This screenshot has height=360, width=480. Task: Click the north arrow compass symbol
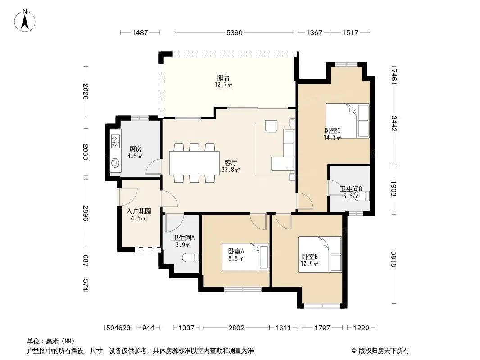point(25,21)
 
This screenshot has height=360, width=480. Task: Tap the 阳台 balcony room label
point(223,78)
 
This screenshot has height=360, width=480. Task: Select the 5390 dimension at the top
point(235,32)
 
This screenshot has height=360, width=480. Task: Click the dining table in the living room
point(194,163)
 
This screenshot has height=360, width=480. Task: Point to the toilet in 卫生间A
point(190,258)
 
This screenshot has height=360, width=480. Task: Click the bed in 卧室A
point(245,257)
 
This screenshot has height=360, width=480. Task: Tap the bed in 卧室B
point(320,254)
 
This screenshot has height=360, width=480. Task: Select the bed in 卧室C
point(348,121)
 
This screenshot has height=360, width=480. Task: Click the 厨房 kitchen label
point(135,149)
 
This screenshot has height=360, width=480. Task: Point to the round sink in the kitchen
point(115,163)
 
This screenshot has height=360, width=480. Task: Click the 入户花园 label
point(138,211)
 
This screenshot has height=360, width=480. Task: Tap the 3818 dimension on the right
point(394,259)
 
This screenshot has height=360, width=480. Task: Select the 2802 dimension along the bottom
point(236,328)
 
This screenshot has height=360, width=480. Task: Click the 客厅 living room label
point(231,163)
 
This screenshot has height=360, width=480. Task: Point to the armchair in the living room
point(271,126)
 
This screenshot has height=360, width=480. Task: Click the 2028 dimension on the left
point(86,91)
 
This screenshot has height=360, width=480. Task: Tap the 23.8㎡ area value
point(231,170)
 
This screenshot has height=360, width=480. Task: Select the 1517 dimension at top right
point(350,32)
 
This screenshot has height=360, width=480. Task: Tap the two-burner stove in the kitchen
point(115,141)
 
